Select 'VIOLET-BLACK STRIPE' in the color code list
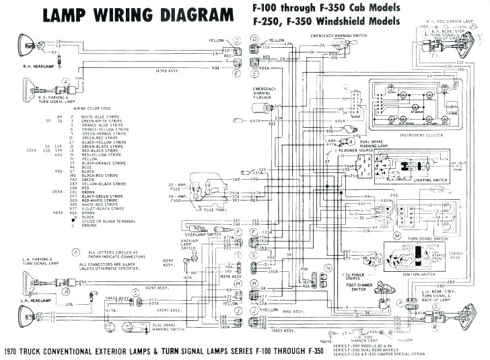[x=101, y=209]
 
